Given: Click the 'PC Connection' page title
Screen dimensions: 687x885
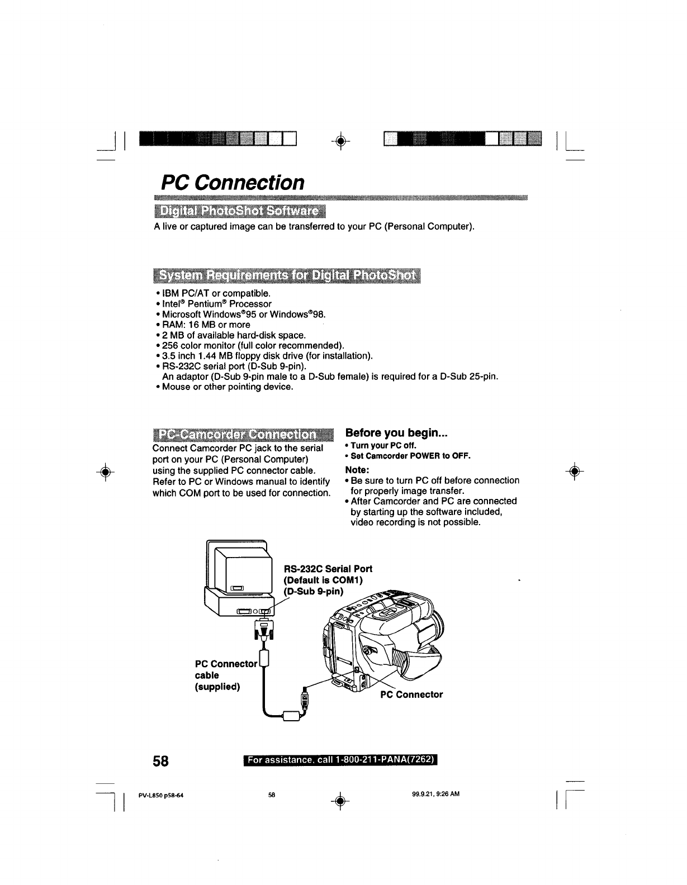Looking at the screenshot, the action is pos(233,182).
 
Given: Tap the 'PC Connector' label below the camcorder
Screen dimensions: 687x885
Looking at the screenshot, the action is pos(411,694).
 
